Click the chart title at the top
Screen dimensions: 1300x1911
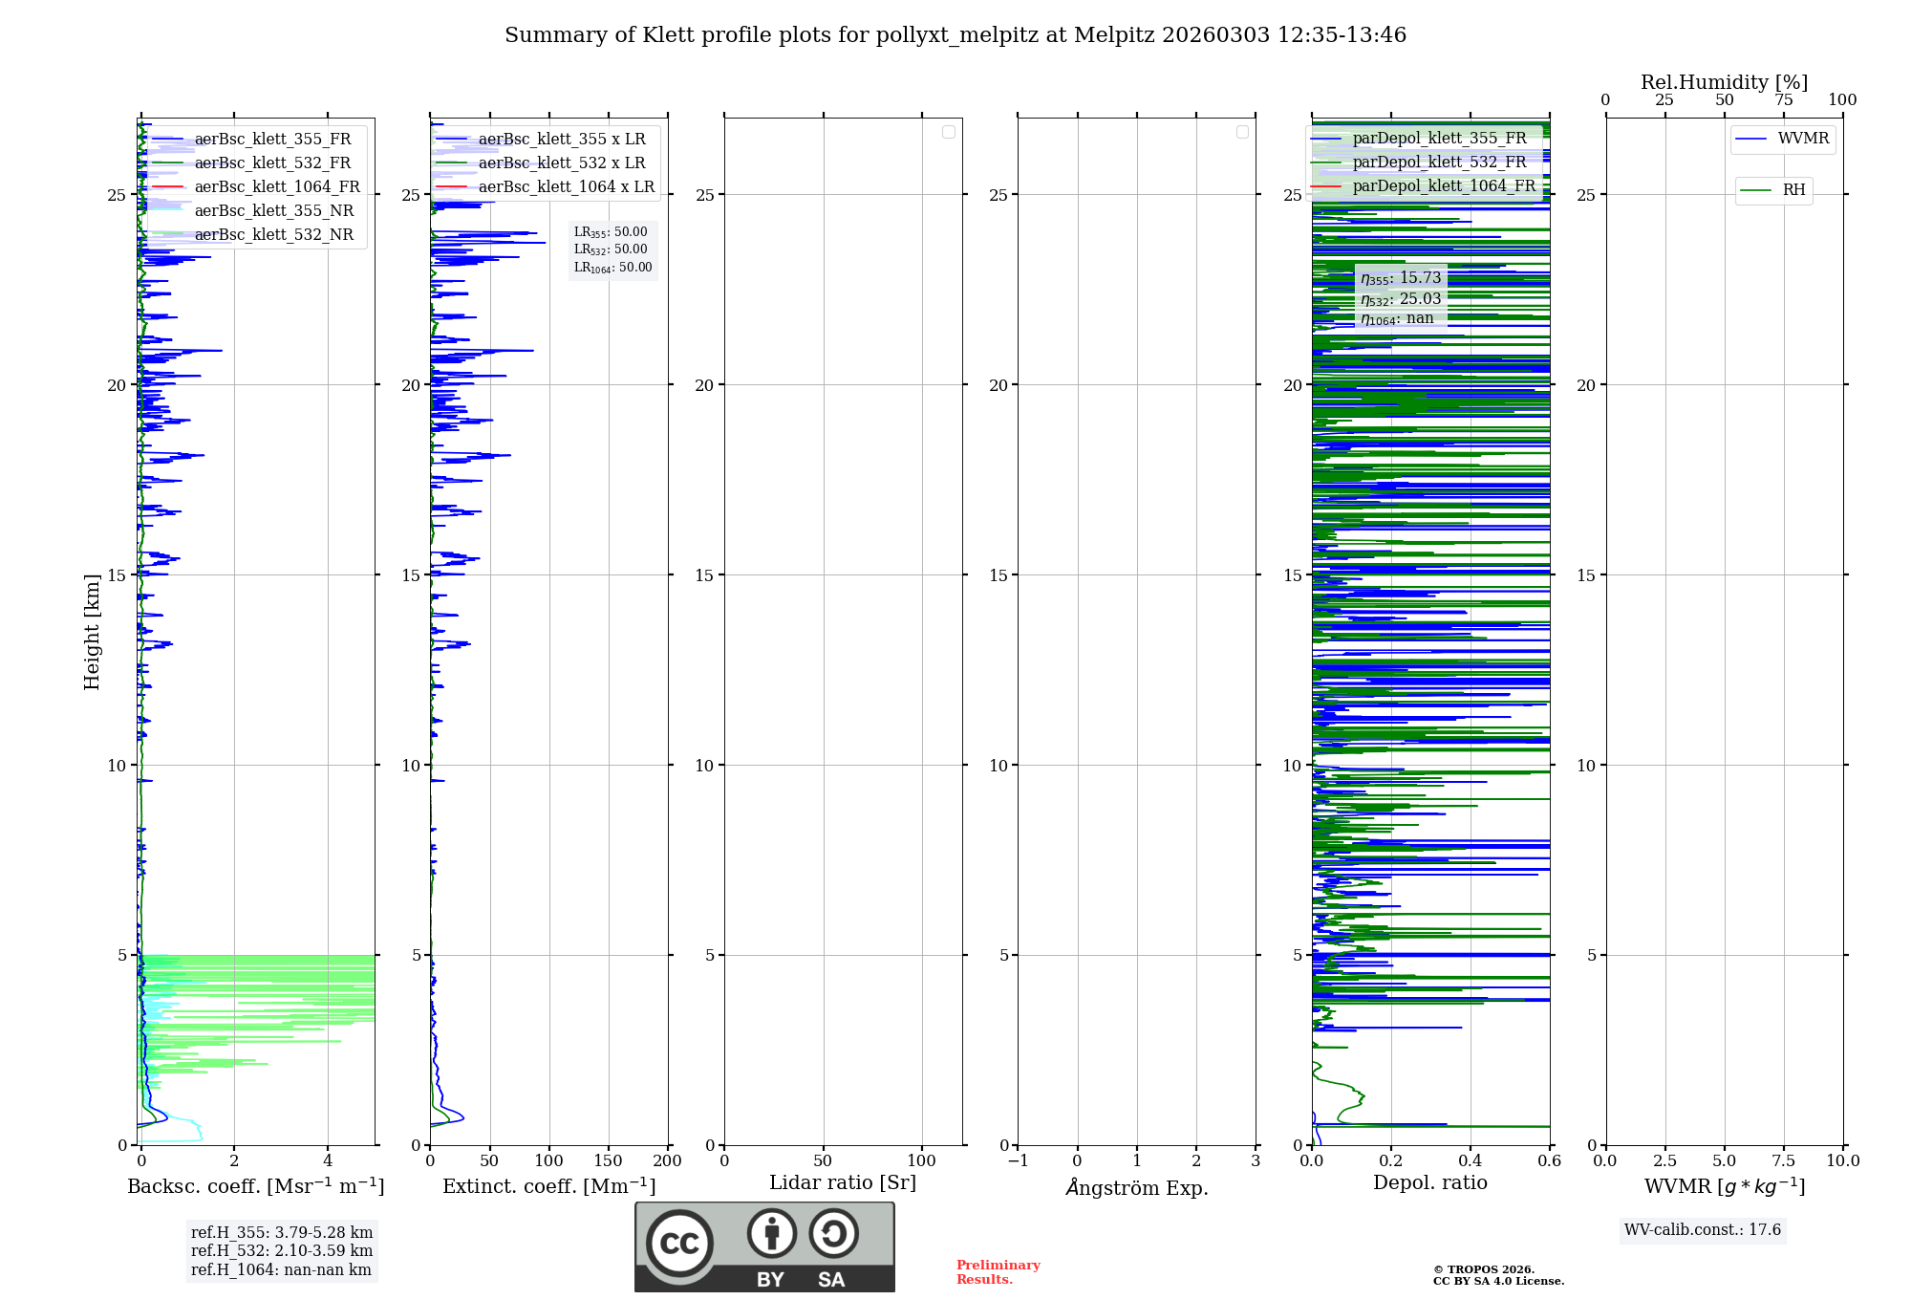click(x=955, y=35)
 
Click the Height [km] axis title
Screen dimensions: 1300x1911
click(x=92, y=632)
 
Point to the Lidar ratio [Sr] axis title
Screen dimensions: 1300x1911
click(x=843, y=1183)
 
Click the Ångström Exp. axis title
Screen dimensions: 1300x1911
click(x=1137, y=1188)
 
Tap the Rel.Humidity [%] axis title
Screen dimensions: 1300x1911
click(x=1724, y=82)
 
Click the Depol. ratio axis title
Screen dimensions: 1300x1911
click(x=1430, y=1183)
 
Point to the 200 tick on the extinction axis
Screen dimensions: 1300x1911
click(x=668, y=1161)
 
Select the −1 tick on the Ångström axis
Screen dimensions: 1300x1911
click(x=1018, y=1161)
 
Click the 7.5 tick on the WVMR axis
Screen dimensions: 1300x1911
click(x=1784, y=1161)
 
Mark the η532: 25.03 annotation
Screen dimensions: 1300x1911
click(x=1401, y=299)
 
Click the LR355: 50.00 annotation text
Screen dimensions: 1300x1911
click(x=611, y=232)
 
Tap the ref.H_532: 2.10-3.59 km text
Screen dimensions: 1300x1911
click(x=282, y=1251)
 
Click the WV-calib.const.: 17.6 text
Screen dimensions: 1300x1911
click(x=1703, y=1230)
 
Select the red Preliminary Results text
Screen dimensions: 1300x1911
click(x=998, y=1272)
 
